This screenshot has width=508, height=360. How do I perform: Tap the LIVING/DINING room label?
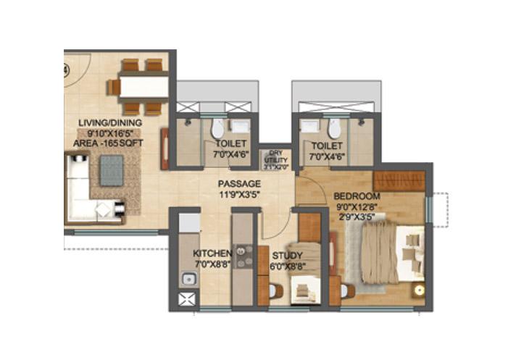point(110,123)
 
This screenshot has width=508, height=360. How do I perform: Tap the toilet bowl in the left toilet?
point(217,130)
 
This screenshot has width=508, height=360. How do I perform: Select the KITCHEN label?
point(212,254)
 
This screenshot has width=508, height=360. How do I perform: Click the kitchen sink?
point(187,277)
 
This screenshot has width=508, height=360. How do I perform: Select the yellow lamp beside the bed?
point(418,290)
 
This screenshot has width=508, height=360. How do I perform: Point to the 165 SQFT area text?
point(109,143)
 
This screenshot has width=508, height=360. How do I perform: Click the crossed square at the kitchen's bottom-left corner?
point(187,298)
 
